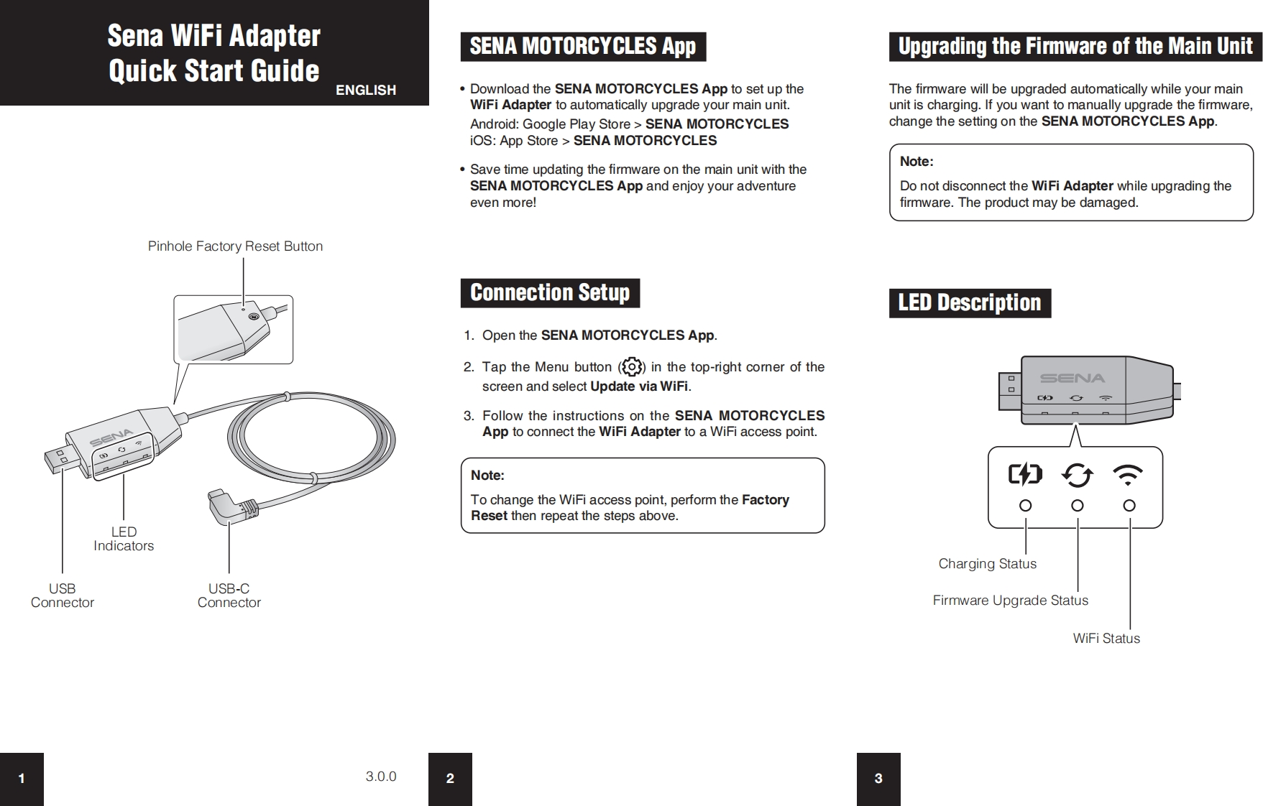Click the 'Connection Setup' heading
point(550,293)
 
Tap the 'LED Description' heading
point(970,303)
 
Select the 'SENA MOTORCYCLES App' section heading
point(583,47)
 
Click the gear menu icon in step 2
point(632,367)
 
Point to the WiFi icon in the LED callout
point(1128,474)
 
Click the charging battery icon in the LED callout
point(1025,474)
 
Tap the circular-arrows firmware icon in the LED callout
point(1077,474)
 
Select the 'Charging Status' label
point(988,564)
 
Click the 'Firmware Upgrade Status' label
point(1011,601)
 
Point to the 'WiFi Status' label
point(1106,639)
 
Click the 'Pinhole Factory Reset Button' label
point(235,246)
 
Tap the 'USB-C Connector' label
point(229,596)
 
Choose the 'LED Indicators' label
point(124,539)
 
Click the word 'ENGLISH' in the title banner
point(366,90)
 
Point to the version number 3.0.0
point(381,777)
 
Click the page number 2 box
point(450,779)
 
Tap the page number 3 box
point(878,779)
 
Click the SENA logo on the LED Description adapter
point(1073,378)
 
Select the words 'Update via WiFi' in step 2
point(639,386)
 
